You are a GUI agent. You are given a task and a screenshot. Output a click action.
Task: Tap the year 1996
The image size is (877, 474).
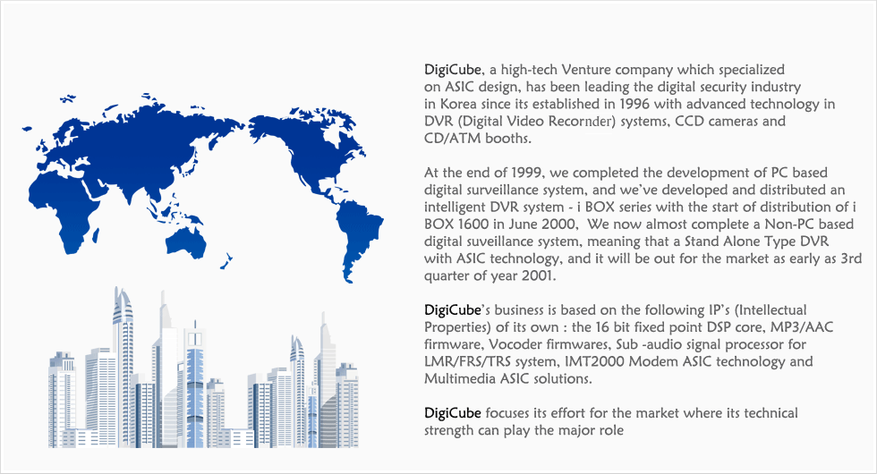[x=634, y=104]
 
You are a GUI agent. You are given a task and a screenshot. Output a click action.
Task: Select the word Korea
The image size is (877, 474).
[x=458, y=104]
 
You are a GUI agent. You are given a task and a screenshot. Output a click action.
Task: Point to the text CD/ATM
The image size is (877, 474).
[x=445, y=139]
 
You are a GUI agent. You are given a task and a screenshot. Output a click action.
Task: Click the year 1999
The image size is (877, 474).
[x=526, y=173]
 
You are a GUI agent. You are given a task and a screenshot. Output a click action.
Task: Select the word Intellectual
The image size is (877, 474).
[x=773, y=310]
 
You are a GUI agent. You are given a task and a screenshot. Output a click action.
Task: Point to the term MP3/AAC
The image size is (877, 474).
[x=802, y=327]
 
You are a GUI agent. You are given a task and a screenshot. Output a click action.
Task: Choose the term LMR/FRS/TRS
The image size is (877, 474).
[x=467, y=361]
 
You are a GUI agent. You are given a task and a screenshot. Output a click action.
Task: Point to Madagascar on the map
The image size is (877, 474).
[x=97, y=235]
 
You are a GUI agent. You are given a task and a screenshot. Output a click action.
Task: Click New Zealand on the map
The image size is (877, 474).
[x=226, y=261]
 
